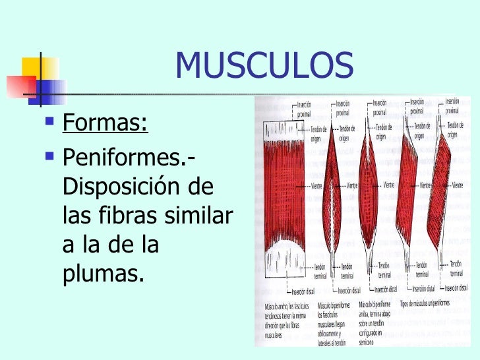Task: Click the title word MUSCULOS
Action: tap(264, 65)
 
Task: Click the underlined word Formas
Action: tap(104, 123)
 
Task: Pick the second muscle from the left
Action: tap(331, 189)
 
